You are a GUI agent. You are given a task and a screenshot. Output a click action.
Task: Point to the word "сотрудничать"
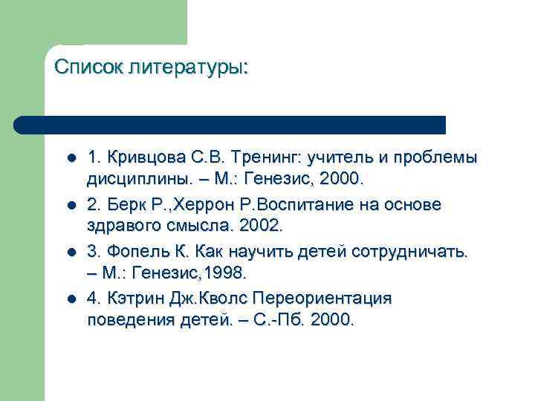pyautogui.click(x=409, y=251)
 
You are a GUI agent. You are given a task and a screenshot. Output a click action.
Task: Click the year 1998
pyautogui.click(x=223, y=272)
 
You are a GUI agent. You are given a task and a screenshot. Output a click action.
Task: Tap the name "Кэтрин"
pyautogui.click(x=130, y=298)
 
